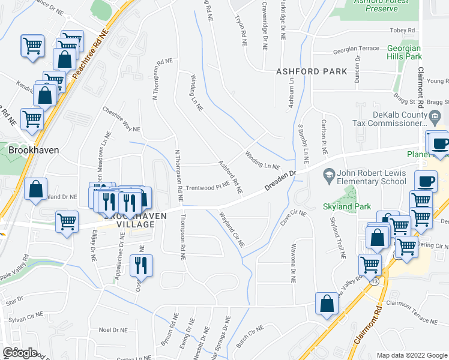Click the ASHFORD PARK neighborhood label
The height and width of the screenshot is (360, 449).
tap(312, 71)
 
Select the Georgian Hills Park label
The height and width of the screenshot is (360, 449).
tap(404, 52)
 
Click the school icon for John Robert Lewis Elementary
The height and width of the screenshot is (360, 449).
tap(328, 177)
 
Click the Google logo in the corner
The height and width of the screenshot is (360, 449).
tap(20, 352)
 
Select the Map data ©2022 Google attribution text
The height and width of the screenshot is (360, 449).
tap(411, 355)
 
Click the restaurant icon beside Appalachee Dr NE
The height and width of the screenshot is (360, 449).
tap(141, 265)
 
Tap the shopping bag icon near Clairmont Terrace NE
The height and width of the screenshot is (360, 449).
tap(327, 304)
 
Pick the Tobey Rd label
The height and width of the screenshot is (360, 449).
tap(402, 30)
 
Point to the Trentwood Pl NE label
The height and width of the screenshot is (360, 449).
tap(207, 187)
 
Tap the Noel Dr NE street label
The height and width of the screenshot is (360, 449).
tap(113, 329)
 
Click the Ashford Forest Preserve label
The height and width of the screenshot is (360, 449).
tap(382, 5)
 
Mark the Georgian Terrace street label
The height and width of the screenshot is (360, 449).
tap(357, 49)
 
